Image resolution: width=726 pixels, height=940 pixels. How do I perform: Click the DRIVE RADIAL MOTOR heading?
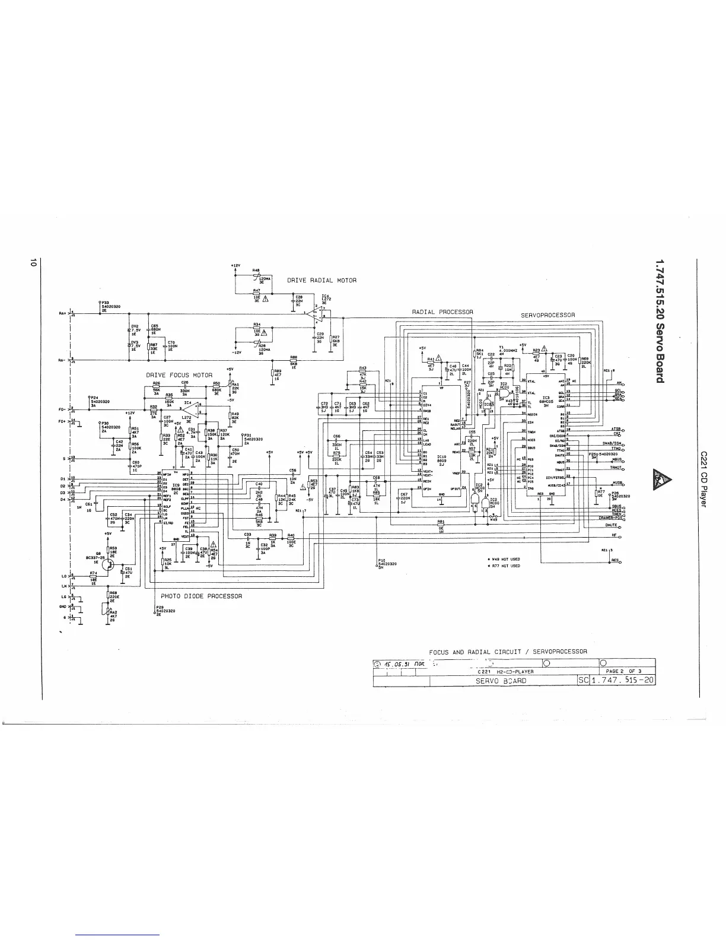[321, 280]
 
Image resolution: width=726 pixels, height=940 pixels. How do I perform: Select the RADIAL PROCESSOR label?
[442, 312]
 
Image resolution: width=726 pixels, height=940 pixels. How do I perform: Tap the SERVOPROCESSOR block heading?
[547, 315]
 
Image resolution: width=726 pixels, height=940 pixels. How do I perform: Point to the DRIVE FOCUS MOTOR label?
[179, 375]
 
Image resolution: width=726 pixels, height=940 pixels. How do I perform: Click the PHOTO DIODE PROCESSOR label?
[201, 596]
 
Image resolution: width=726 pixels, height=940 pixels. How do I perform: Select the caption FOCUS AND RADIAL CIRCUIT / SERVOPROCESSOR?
[508, 651]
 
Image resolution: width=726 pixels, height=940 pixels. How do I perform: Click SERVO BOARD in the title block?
[501, 681]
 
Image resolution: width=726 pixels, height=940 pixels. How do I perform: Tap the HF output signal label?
[615, 535]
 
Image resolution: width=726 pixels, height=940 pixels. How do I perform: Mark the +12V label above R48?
[235, 265]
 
